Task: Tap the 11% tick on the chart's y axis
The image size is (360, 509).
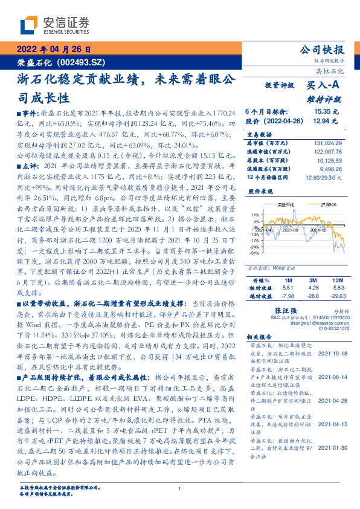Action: click(256, 215)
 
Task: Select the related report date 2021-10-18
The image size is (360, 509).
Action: click(333, 354)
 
